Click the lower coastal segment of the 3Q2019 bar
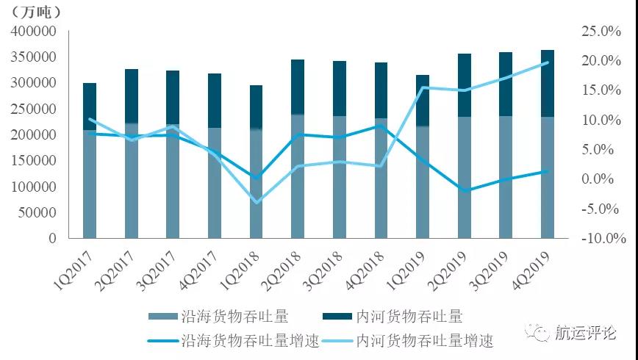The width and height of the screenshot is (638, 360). [506, 176]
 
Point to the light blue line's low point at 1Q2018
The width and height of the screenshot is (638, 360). [256, 202]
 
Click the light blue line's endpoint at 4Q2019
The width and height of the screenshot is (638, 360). [548, 62]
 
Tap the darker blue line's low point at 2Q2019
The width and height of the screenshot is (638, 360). [465, 190]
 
